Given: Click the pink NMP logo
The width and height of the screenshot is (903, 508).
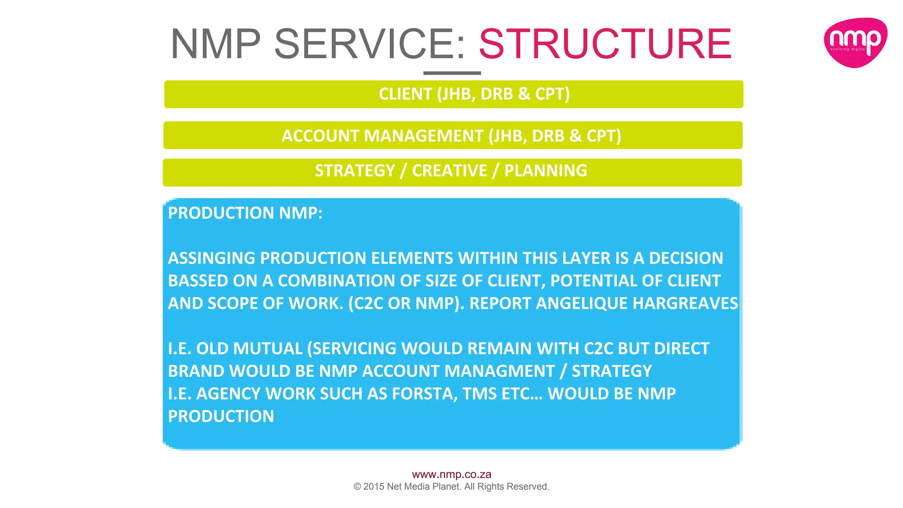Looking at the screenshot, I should pyautogui.click(x=855, y=42).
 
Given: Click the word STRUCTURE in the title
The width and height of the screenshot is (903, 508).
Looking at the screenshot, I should pyautogui.click(x=605, y=44).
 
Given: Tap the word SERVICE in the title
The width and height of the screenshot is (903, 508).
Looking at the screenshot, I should pyautogui.click(x=369, y=44).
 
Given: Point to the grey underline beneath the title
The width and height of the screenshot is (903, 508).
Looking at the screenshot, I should pyautogui.click(x=452, y=73).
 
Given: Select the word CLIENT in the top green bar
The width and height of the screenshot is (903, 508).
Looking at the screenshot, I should pyautogui.click(x=405, y=94).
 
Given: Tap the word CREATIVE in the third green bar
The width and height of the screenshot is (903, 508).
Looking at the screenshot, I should pyautogui.click(x=449, y=171).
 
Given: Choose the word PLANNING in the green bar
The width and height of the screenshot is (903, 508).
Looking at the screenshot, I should pyautogui.click(x=545, y=171).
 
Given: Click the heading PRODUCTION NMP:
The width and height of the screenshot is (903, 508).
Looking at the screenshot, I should pyautogui.click(x=245, y=213).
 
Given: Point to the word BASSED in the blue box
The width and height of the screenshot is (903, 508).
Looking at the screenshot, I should pyautogui.click(x=197, y=281).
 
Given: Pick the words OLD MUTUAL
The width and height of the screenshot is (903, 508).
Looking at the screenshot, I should pyautogui.click(x=249, y=349).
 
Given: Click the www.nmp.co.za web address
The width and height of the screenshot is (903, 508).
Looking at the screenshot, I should pyautogui.click(x=451, y=474).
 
